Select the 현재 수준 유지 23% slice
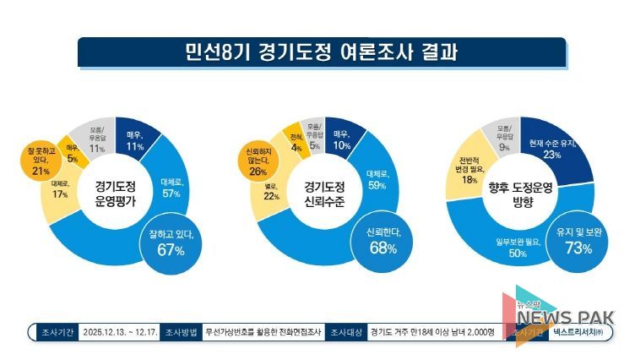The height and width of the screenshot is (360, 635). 552,149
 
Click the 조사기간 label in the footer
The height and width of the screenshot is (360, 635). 55,332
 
